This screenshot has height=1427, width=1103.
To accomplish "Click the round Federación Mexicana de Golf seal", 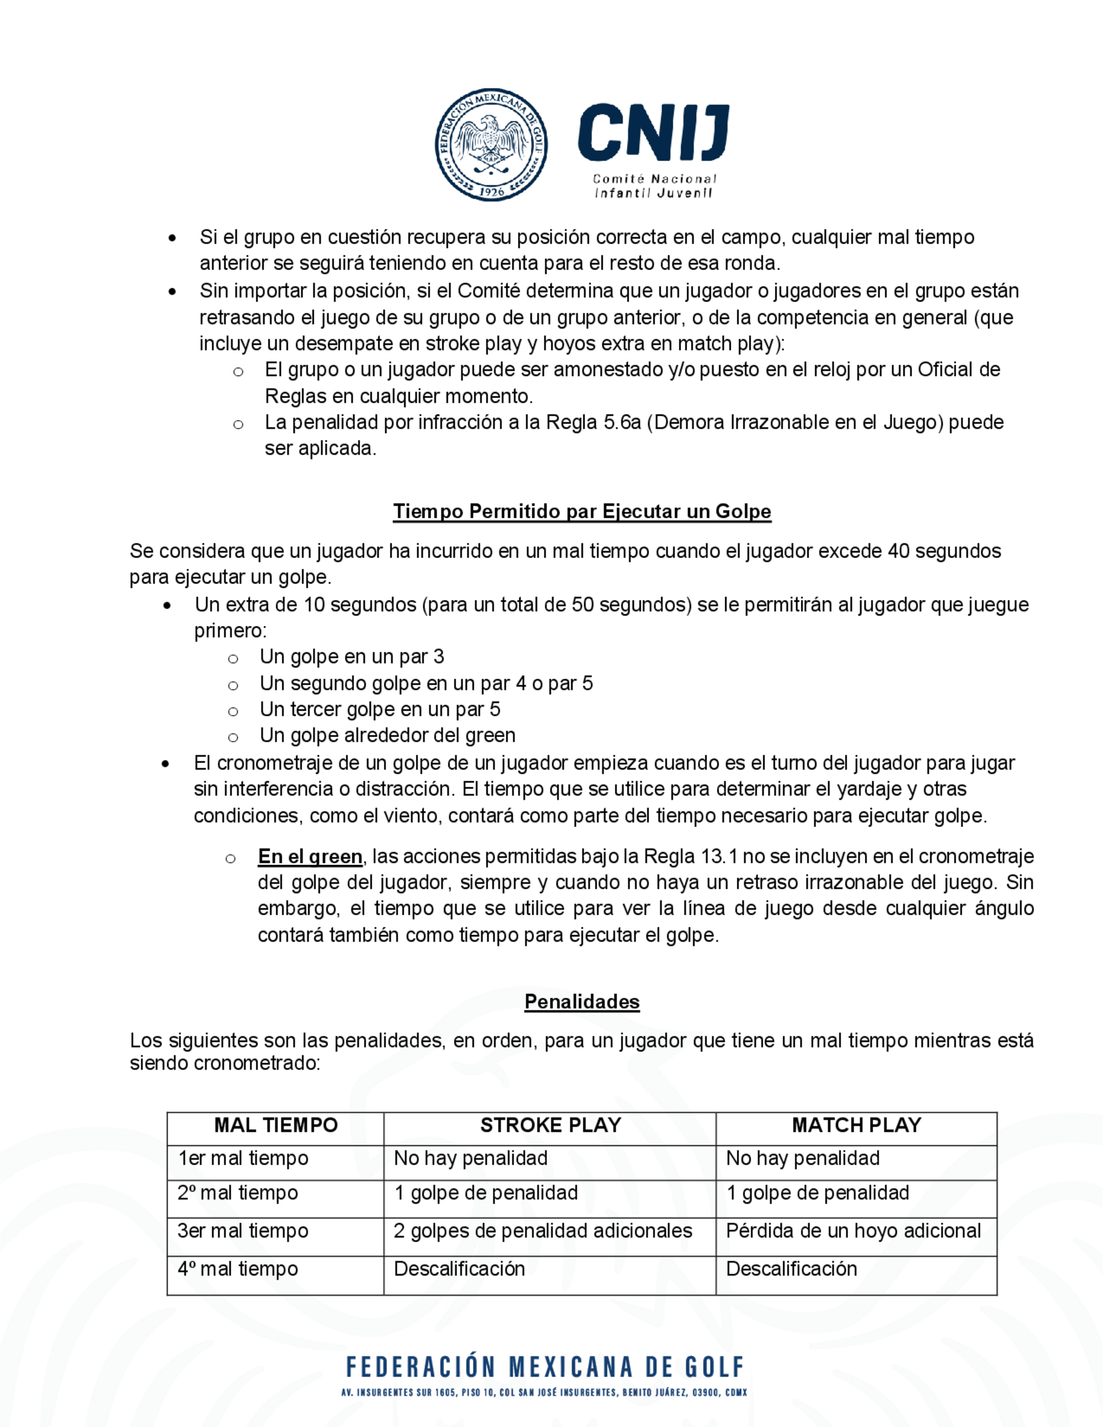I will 491,144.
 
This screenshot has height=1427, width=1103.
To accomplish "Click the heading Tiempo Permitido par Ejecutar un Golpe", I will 582,511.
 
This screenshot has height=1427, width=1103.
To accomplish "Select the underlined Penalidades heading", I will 582,1002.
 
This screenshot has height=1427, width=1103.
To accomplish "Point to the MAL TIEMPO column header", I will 276,1125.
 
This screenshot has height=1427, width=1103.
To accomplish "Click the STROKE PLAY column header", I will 550,1125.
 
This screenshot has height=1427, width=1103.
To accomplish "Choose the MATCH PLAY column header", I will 856,1125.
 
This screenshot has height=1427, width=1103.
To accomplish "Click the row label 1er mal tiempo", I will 243,1158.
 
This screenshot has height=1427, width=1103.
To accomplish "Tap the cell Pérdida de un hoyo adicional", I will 853,1231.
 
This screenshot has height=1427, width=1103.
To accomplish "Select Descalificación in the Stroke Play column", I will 459,1269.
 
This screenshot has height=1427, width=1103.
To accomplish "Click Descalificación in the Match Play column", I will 791,1269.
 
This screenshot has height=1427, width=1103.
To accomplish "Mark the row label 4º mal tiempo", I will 238,1269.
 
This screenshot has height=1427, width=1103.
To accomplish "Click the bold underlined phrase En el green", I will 310,857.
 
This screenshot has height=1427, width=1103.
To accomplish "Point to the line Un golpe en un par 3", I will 351,657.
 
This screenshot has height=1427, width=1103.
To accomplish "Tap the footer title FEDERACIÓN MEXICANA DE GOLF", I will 545,1367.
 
